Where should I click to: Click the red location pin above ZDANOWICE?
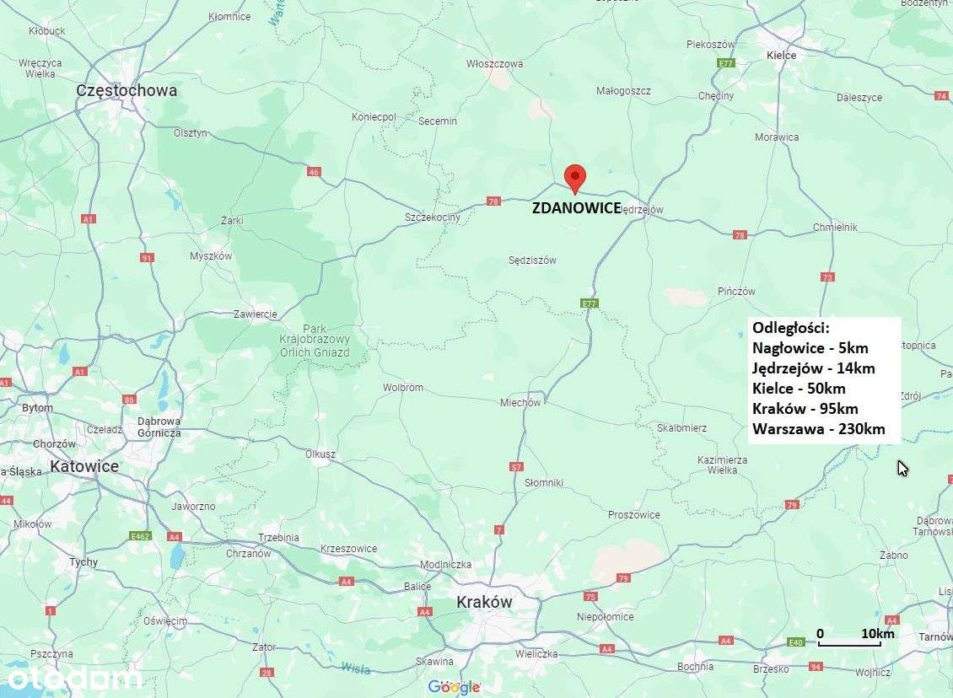click(x=574, y=177)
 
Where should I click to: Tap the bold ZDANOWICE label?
click(x=577, y=208)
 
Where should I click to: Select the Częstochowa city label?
click(x=127, y=90)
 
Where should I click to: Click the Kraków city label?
click(x=484, y=602)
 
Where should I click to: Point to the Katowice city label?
click(x=84, y=465)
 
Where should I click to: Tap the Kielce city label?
click(x=781, y=55)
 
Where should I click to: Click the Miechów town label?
click(x=520, y=402)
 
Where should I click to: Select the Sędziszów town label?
click(x=532, y=260)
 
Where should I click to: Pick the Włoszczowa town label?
click(x=494, y=63)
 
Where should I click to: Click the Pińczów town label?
click(x=736, y=291)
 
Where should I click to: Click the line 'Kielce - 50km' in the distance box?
click(x=798, y=389)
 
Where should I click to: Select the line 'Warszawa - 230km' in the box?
click(x=818, y=429)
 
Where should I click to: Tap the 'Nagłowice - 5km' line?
click(x=810, y=347)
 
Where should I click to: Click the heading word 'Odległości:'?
click(x=790, y=327)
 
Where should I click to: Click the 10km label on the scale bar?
click(x=877, y=633)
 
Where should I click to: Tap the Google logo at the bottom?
click(x=454, y=687)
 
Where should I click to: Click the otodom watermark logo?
click(x=74, y=678)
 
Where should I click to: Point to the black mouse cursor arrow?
click(x=902, y=468)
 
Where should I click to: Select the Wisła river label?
click(x=355, y=668)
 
